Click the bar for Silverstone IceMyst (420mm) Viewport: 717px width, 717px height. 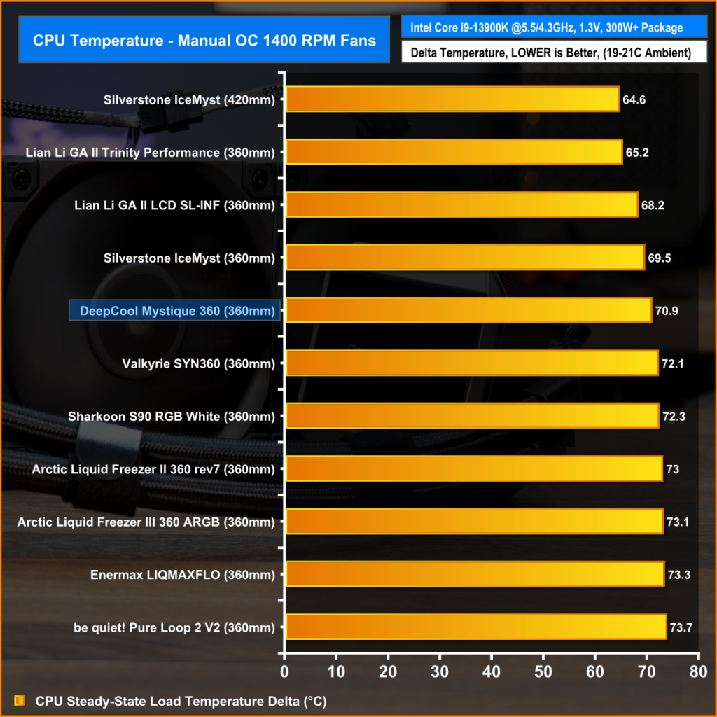(x=452, y=99)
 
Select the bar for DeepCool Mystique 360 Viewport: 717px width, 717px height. (x=468, y=310)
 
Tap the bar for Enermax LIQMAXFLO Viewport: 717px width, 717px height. (x=475, y=574)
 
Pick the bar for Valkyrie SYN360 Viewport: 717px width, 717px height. (x=472, y=363)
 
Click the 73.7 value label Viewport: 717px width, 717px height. (x=681, y=627)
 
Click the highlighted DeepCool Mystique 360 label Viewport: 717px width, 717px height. (x=174, y=310)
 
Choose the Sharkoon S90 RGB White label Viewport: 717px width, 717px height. (x=171, y=416)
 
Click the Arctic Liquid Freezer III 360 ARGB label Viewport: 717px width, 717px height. (x=146, y=522)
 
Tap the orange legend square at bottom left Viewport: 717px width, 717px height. (x=20, y=700)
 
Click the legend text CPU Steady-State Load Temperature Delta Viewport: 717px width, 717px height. (x=181, y=700)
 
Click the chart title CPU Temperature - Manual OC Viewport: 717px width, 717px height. (x=204, y=40)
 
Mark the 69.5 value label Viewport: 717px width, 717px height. (x=660, y=258)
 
